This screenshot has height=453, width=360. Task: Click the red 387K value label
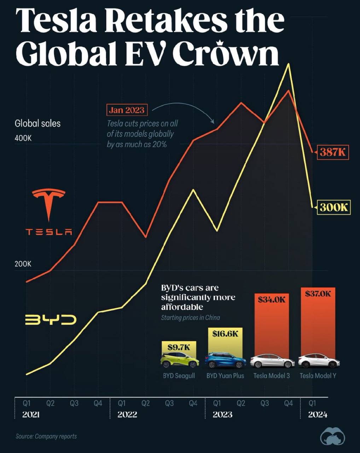pos(332,152)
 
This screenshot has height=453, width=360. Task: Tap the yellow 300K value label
pos(334,207)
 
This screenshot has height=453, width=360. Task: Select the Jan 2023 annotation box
pos(127,110)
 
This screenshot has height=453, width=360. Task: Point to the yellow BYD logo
pos(51,320)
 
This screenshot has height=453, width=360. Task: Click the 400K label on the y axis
pos(23,138)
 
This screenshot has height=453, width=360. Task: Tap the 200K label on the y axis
pos(23,264)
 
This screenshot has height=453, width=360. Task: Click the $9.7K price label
pos(179,347)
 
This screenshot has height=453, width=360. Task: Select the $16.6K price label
pos(225,333)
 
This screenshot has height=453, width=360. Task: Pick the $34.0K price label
pos(271,300)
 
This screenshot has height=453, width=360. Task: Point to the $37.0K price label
pos(318,293)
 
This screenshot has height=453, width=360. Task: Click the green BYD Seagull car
pos(179,360)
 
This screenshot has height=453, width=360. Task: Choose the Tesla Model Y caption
pos(318,375)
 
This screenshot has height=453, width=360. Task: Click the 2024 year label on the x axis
pos(318,414)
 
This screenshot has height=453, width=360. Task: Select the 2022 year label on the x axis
pos(127,414)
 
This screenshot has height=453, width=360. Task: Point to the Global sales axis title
pos(37,123)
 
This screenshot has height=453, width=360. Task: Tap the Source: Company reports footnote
pos(46,436)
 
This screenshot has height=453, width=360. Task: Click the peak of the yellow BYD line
pos(289,64)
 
